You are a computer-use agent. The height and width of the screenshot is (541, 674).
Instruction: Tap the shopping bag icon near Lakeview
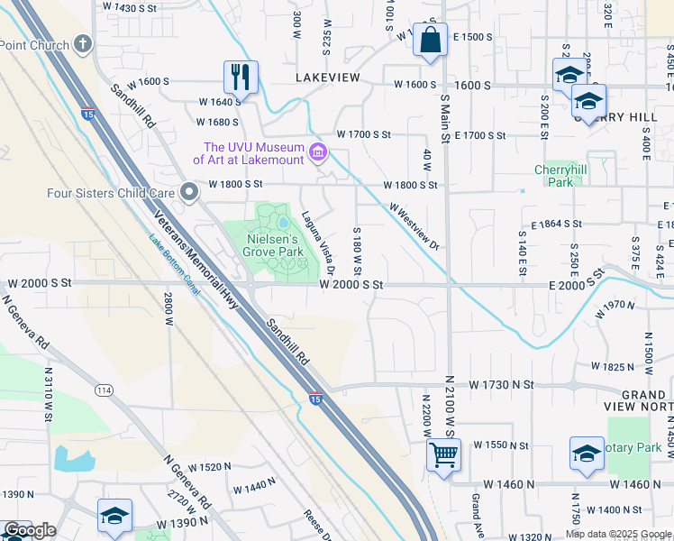pyautogui.click(x=430, y=41)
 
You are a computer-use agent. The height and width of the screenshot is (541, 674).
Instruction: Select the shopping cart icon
pyautogui.click(x=442, y=454)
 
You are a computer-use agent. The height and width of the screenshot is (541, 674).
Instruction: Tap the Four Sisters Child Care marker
pyautogui.click(x=188, y=192)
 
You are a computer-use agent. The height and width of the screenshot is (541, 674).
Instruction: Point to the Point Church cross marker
pyautogui.click(x=83, y=43)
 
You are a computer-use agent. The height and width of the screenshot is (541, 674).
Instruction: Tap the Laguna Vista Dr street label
pyautogui.click(x=319, y=242)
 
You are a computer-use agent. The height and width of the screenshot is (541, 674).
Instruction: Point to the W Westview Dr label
pyautogui.click(x=414, y=225)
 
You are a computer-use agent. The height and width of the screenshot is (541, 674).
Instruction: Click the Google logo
pyautogui.click(x=30, y=530)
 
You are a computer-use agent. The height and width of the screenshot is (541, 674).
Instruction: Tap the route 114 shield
pyautogui.click(x=105, y=390)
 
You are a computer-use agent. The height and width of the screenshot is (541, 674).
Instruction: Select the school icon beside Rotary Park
pyautogui.click(x=587, y=454)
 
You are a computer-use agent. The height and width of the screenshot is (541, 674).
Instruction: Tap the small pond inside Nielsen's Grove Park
pyautogui.click(x=284, y=221)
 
